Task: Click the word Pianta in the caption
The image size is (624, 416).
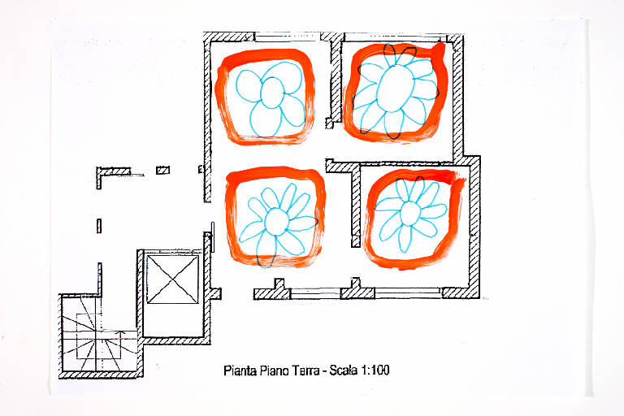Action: tap(240, 370)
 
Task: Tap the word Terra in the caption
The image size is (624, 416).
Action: tap(306, 370)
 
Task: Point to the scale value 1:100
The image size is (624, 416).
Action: tap(375, 370)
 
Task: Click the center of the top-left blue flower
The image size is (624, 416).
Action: tap(272, 93)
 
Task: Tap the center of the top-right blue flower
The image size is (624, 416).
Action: tap(395, 89)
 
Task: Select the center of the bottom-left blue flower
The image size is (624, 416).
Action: tap(276, 221)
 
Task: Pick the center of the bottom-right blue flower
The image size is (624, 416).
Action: tap(409, 214)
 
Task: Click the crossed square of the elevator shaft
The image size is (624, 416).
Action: tap(172, 279)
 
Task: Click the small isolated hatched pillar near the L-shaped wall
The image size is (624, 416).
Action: tap(162, 171)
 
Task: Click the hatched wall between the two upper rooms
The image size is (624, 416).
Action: tap(336, 80)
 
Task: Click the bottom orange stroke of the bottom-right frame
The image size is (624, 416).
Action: tap(409, 262)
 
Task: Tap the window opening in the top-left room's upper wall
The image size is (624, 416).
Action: tap(288, 37)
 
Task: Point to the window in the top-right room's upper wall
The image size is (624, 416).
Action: tap(394, 37)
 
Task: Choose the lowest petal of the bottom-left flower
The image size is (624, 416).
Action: tap(266, 249)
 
